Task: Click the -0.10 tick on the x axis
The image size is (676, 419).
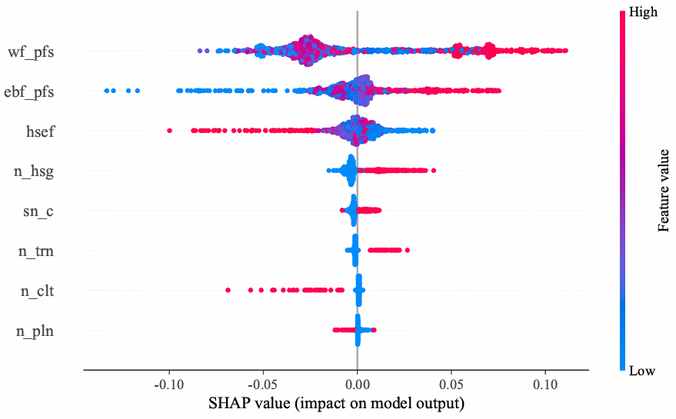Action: [169, 384]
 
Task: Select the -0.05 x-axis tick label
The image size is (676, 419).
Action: [263, 384]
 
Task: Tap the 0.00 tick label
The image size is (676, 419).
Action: [358, 384]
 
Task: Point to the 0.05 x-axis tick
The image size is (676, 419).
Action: [451, 384]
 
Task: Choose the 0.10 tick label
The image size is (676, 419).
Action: [545, 384]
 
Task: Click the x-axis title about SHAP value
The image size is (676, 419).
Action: [335, 403]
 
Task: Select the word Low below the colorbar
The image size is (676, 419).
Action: [641, 371]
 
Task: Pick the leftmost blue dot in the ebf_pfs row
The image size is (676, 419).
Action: [106, 91]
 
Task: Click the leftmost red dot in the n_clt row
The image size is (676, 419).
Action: [228, 290]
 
